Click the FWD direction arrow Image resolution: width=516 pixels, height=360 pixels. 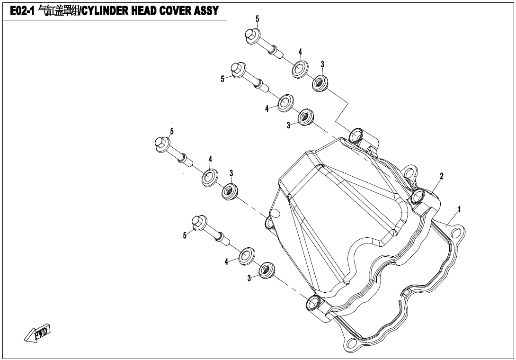click(x=37, y=333)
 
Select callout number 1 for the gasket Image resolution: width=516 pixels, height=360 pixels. click(x=459, y=209)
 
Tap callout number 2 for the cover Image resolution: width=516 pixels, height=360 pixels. click(x=441, y=176)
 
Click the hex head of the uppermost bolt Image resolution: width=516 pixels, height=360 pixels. click(x=251, y=35)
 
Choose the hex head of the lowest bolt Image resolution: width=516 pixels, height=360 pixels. click(x=198, y=221)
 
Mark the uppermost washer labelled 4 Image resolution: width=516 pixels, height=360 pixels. click(x=299, y=69)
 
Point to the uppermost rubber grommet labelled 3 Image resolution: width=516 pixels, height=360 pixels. click(x=320, y=83)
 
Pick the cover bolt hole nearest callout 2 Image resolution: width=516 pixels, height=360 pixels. click(x=418, y=196)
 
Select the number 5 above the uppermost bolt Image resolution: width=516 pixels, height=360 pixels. click(x=257, y=19)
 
